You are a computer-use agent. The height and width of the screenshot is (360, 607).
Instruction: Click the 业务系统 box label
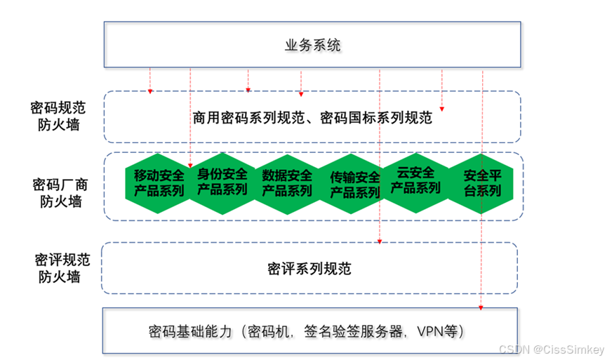coord(312,46)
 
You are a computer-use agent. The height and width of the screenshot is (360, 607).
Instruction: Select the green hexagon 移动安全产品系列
coord(158,182)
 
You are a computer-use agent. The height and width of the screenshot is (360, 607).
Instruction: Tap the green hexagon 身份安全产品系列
coord(222,182)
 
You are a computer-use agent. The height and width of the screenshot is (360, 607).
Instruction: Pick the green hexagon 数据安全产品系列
coord(286,182)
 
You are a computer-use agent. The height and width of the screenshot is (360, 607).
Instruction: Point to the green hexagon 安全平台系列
coord(481,182)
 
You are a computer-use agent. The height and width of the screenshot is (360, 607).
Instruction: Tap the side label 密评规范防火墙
coord(59,268)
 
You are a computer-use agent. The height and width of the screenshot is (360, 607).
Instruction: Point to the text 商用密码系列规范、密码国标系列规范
coord(312,118)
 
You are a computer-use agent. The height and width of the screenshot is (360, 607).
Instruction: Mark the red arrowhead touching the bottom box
coord(482,306)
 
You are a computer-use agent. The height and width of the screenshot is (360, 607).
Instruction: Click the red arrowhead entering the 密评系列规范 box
coord(380,241)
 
